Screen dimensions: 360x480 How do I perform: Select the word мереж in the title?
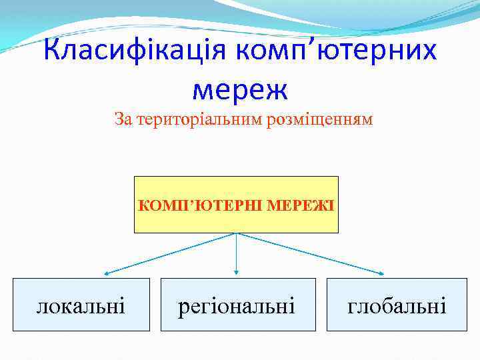click(x=239, y=87)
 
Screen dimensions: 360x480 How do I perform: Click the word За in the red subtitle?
click(x=123, y=120)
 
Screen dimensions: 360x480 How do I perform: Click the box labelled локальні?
click(x=81, y=305)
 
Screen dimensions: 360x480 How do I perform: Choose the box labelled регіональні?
click(x=237, y=305)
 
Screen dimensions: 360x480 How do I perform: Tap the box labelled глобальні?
click(x=397, y=305)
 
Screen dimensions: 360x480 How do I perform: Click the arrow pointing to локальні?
click(x=170, y=253)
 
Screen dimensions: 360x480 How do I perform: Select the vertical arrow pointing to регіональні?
click(x=237, y=253)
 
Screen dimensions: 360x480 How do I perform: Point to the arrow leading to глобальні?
click(x=311, y=253)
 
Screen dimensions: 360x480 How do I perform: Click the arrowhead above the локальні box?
click(x=106, y=273)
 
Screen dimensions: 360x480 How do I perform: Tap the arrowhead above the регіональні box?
click(x=237, y=271)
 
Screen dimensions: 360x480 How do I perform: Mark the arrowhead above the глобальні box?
click(x=382, y=273)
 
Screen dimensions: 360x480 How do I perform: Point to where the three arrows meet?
click(x=237, y=233)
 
